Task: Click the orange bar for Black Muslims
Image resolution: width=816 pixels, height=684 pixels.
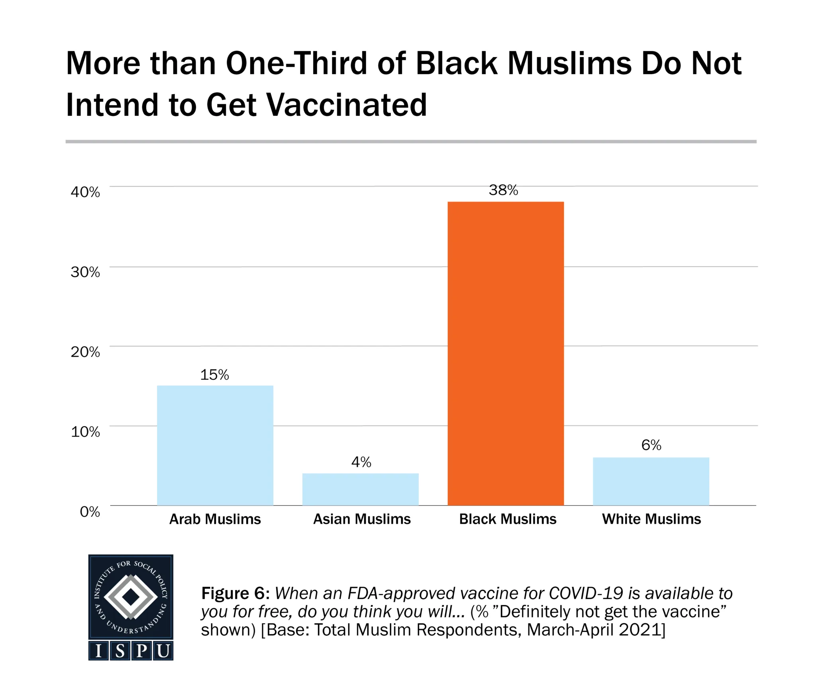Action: click(506, 353)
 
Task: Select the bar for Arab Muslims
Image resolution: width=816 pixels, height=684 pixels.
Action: click(215, 445)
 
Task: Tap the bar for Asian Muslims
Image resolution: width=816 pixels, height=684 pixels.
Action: click(361, 489)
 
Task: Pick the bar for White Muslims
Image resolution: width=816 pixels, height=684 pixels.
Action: click(651, 481)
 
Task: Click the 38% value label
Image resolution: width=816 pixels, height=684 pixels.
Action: click(503, 190)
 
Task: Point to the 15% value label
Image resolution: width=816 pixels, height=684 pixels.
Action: click(214, 375)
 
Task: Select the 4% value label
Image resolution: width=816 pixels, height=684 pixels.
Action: click(361, 462)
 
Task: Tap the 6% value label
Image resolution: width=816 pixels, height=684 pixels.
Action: click(651, 445)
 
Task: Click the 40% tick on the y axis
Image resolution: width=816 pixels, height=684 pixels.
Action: click(85, 192)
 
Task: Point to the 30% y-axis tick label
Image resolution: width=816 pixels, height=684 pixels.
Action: click(85, 272)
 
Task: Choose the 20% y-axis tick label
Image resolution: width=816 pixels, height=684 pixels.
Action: click(85, 352)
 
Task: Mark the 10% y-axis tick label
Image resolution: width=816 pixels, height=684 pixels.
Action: click(85, 431)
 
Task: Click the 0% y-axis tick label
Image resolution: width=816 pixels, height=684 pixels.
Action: click(90, 512)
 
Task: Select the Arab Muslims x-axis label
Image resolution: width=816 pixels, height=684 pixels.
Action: click(215, 519)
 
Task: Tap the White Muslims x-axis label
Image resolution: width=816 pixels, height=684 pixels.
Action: click(651, 519)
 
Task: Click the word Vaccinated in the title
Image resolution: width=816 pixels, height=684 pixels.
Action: click(346, 105)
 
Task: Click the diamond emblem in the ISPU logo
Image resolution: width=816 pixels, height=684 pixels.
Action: click(131, 596)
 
